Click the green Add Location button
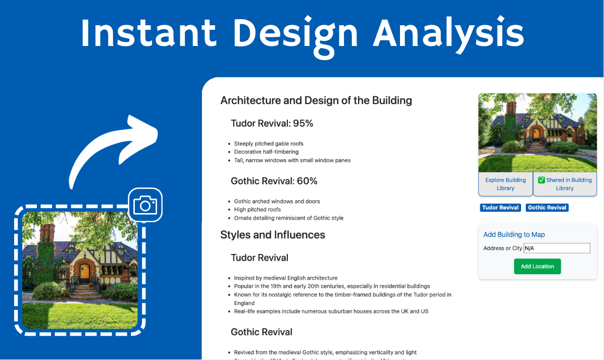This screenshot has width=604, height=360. (537, 267)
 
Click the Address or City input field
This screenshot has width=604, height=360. (557, 248)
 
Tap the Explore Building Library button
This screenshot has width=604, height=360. (506, 184)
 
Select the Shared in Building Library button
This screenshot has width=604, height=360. (565, 184)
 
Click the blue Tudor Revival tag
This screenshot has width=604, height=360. (500, 208)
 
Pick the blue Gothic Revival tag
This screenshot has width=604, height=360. (547, 208)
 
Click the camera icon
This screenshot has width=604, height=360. (145, 205)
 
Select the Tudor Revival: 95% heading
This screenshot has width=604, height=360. (272, 123)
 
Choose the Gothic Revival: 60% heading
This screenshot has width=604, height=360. (274, 181)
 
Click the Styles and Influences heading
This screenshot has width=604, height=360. (273, 235)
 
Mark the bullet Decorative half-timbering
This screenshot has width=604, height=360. (266, 152)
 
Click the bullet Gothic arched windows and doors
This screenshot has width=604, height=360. (277, 201)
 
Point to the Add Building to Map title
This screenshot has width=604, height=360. (514, 234)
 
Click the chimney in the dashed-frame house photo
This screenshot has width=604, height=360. (46, 234)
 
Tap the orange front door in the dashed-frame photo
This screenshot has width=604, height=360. (84, 273)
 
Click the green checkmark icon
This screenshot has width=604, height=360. (541, 180)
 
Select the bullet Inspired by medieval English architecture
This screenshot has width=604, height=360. (285, 278)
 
